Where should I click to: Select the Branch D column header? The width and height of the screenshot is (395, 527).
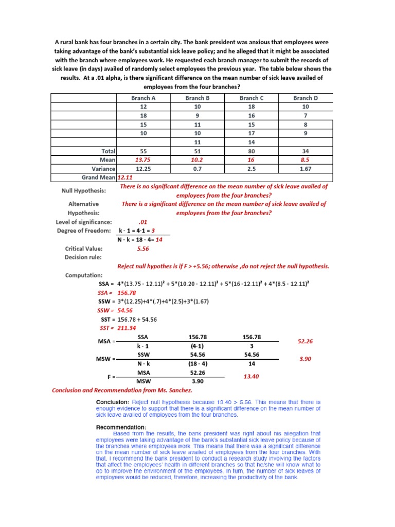click(x=306, y=98)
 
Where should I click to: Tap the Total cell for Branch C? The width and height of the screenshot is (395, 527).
click(x=252, y=151)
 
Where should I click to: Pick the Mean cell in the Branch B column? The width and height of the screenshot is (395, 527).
click(x=197, y=160)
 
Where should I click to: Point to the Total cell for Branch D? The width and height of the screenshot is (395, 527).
click(x=306, y=151)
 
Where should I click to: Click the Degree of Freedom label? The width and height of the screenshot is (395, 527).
click(x=84, y=230)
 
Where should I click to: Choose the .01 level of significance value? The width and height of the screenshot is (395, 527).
click(x=143, y=221)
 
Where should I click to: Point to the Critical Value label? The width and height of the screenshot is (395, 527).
click(x=84, y=249)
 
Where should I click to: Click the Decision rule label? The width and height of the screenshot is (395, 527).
click(x=83, y=257)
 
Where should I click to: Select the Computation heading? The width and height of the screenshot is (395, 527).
click(x=84, y=275)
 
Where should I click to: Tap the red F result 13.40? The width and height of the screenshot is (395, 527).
click(x=252, y=376)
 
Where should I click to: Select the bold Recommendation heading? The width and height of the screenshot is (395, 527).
click(x=121, y=427)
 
